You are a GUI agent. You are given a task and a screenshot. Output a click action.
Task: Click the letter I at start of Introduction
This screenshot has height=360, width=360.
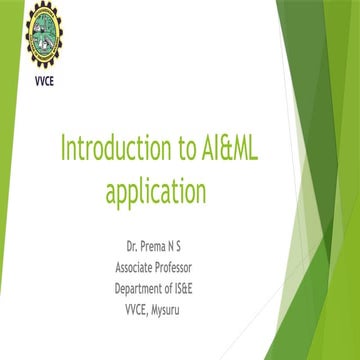pyautogui.click(x=64, y=150)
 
